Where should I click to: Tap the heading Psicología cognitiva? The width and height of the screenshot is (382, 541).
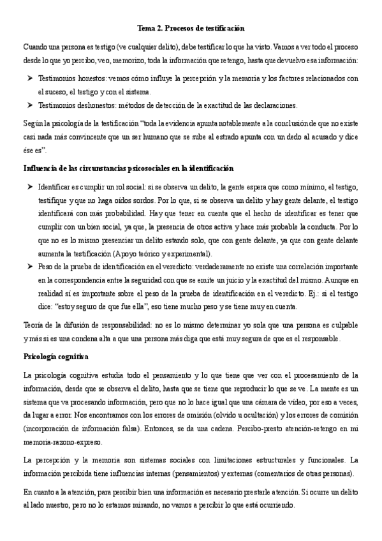click(x=55, y=355)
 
